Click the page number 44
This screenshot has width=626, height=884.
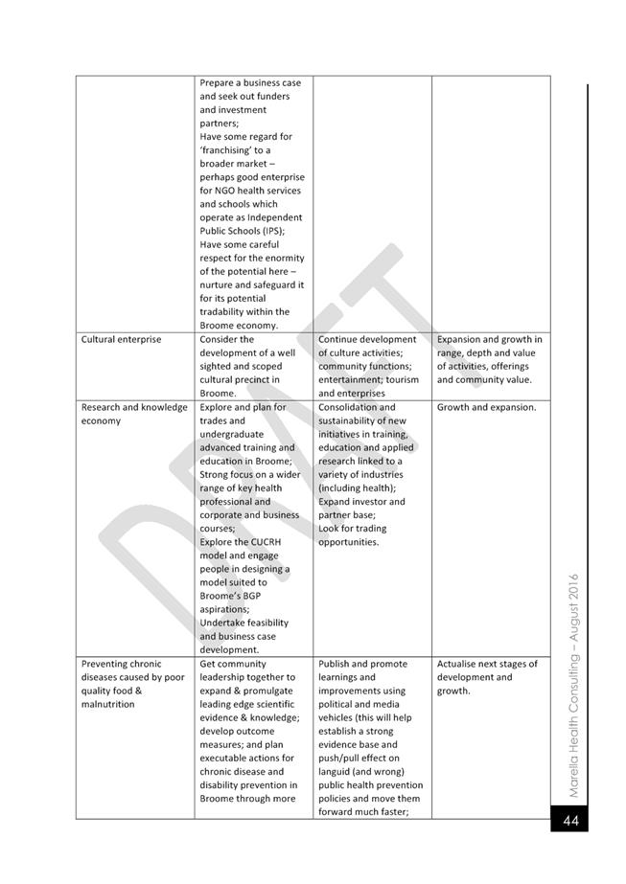click(570, 820)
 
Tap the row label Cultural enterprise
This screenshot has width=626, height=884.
click(121, 339)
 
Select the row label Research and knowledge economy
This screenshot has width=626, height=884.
click(134, 414)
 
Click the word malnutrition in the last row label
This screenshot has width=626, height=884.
click(108, 704)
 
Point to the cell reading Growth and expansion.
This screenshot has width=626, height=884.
click(486, 407)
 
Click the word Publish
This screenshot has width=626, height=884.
click(336, 664)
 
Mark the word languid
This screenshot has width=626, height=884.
click(336, 771)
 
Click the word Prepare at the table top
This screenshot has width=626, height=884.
click(218, 83)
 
